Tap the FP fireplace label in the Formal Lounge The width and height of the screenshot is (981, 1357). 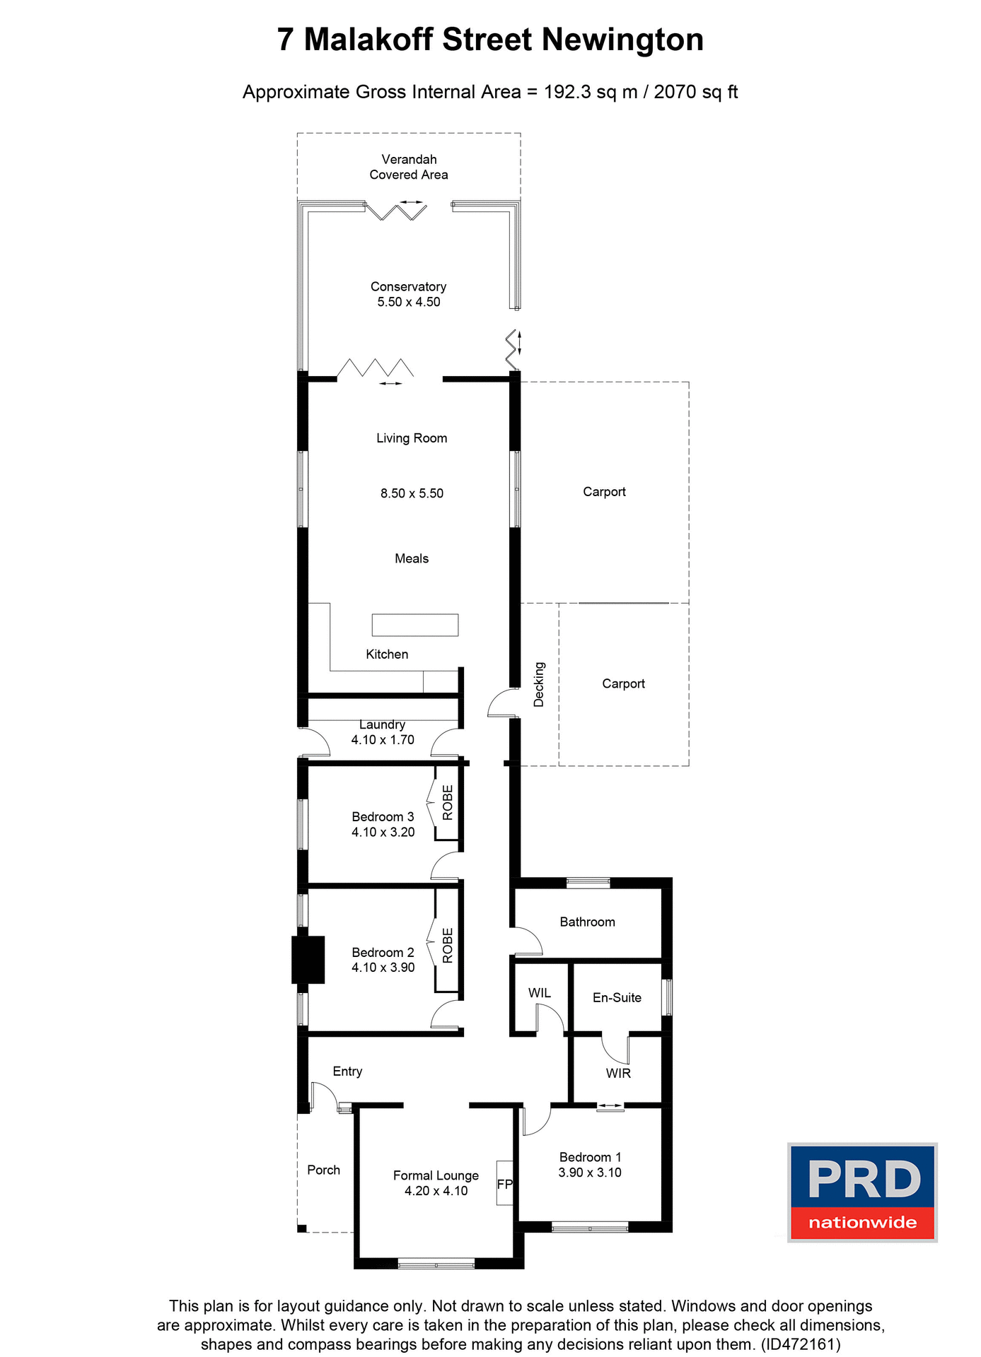[x=504, y=1184]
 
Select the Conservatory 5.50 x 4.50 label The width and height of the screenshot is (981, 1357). [x=409, y=294]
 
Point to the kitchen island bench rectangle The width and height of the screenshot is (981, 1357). [x=415, y=625]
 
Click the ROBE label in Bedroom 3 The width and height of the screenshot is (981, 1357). [x=447, y=802]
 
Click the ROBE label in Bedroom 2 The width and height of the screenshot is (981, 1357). [x=447, y=946]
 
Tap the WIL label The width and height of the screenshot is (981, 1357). [x=540, y=993]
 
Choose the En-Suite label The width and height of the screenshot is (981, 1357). [x=617, y=997]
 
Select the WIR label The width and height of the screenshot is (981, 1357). [x=618, y=1073]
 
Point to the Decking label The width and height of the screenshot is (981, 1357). [x=539, y=684]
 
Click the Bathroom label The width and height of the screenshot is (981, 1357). [x=587, y=922]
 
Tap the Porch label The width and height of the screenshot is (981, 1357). [x=324, y=1170]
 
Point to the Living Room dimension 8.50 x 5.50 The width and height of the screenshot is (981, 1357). [x=412, y=493]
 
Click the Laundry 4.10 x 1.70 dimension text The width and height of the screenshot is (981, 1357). [x=383, y=740]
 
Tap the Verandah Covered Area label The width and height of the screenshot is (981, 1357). [x=409, y=167]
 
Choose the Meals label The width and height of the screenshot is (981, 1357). [x=412, y=558]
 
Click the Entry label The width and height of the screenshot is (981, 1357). [x=347, y=1071]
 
